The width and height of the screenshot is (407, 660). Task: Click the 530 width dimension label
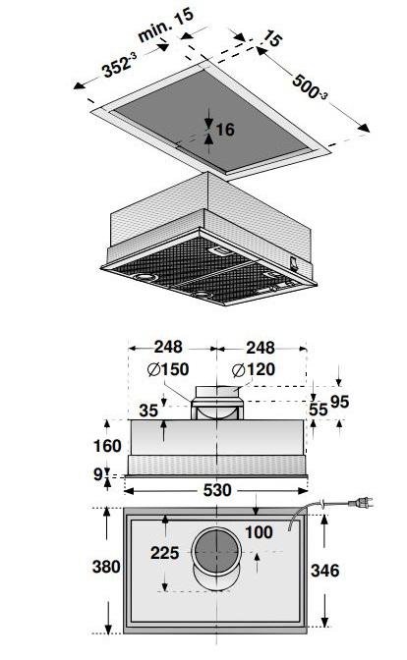(x=217, y=490)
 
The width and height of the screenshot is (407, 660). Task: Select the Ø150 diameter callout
(x=168, y=369)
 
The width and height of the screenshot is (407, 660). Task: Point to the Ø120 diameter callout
(x=254, y=370)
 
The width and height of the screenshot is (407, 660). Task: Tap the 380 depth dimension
(x=106, y=567)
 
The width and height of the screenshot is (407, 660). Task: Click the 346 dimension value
(x=324, y=571)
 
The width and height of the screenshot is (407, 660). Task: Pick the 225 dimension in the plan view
(x=165, y=553)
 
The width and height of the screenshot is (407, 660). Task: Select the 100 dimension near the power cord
(x=259, y=532)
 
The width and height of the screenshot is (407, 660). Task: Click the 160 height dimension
(x=107, y=446)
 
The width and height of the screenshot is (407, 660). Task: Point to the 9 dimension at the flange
(x=97, y=474)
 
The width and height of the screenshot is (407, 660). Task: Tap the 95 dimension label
(x=339, y=402)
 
